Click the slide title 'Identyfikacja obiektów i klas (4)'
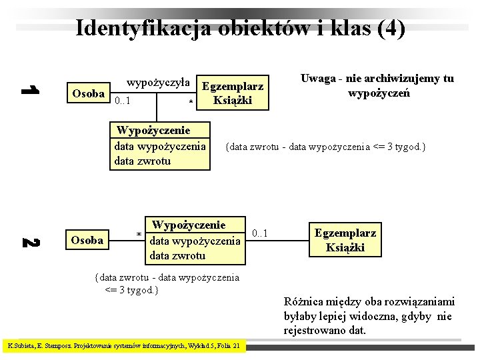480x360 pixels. click(240, 28)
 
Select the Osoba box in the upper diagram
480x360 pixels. click(87, 94)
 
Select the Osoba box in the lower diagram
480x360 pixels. click(87, 240)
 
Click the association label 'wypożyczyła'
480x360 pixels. click(158, 83)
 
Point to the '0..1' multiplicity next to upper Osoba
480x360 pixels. click(123, 101)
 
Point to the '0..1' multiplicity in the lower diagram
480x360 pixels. click(259, 233)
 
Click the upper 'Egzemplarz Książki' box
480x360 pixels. click(232, 93)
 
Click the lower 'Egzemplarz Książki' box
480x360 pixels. click(345, 240)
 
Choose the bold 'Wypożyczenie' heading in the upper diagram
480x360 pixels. click(153, 130)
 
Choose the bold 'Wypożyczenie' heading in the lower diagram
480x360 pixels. click(189, 225)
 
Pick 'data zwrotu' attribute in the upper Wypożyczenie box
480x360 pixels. click(143, 161)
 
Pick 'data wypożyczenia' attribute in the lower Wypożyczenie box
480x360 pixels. click(194, 241)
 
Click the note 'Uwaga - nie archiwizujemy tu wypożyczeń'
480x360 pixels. click(377, 86)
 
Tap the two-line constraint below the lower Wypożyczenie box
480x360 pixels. click(167, 283)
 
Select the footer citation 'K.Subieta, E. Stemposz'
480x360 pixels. click(124, 346)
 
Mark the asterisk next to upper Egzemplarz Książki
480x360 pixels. click(191, 102)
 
